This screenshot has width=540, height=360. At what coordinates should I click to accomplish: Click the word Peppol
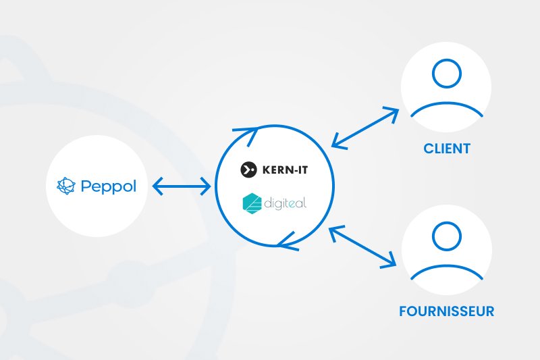108,185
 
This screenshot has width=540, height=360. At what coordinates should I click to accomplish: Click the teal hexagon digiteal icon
252,203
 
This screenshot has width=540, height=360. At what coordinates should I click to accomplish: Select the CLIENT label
446,148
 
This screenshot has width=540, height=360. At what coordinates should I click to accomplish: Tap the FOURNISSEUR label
446,311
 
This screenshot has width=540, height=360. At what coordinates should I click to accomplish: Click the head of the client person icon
446,74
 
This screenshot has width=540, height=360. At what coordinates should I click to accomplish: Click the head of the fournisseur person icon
446,237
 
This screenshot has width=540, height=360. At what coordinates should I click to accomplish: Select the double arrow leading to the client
365,127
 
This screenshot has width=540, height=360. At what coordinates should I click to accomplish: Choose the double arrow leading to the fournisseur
362,246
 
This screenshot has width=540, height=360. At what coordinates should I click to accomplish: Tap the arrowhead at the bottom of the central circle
287,239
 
